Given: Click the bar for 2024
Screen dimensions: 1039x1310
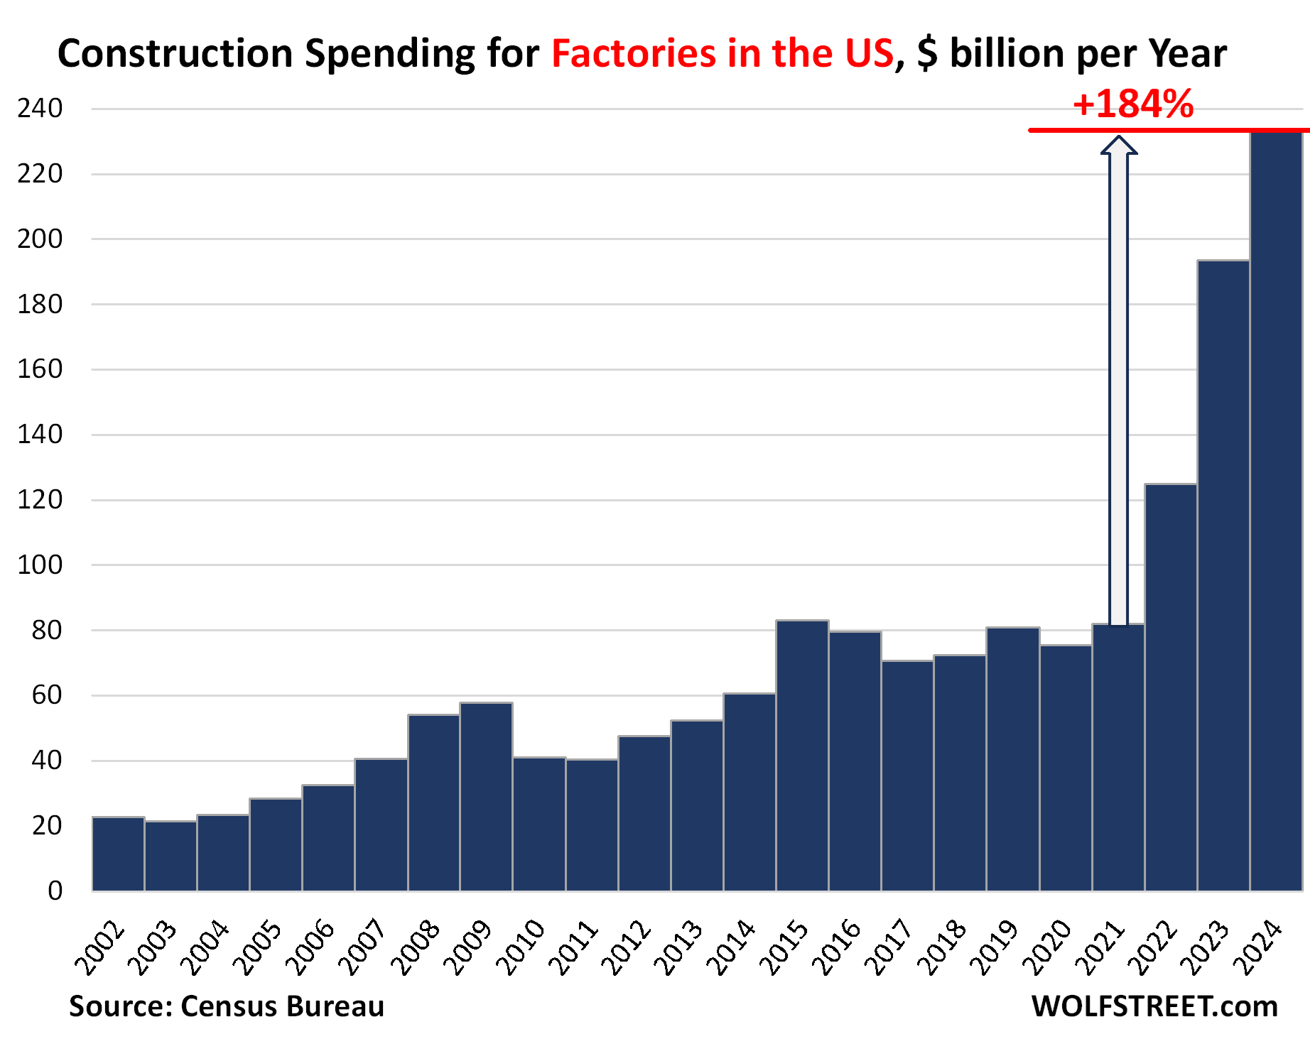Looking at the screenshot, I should tap(1276, 511).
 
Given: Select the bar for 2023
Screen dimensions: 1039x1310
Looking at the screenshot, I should tap(1223, 575).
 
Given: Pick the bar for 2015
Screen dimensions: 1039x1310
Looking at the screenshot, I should tap(802, 756).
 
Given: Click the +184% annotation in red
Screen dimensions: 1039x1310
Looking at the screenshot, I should tap(1133, 105).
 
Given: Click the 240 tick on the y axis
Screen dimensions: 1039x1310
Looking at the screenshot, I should tap(40, 109).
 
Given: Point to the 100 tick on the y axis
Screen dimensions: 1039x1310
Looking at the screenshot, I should tap(40, 565).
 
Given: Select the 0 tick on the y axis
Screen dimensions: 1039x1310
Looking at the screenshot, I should tap(55, 891).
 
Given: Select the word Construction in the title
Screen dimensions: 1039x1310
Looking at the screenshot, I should tap(175, 53).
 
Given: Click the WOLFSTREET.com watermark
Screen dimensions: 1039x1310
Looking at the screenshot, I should tap(1154, 1006).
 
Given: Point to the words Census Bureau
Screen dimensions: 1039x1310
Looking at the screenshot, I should tap(283, 1006).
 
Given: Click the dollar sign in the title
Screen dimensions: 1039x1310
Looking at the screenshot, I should tap(926, 53).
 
